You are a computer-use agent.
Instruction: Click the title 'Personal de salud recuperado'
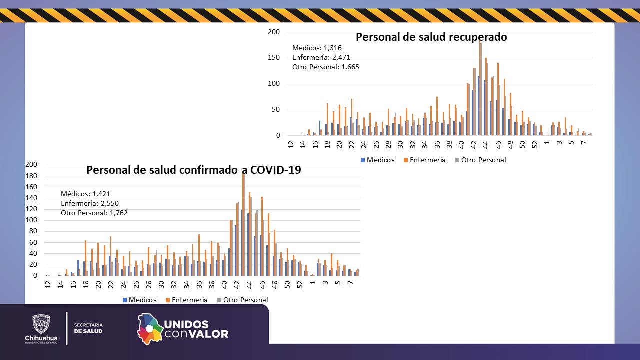click(431, 37)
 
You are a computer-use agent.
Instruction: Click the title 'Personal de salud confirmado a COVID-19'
click(194, 170)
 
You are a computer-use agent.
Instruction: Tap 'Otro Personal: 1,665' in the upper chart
click(325, 67)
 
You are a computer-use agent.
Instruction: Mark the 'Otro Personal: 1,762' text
click(94, 213)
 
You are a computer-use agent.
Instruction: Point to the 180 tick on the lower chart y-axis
click(31, 176)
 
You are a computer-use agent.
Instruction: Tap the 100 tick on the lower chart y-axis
click(31, 220)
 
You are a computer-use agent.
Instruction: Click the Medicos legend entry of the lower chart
click(139, 300)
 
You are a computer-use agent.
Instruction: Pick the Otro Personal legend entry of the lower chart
click(242, 300)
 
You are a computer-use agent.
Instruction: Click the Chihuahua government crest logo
click(41, 325)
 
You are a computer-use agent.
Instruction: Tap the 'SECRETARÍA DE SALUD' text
click(88, 328)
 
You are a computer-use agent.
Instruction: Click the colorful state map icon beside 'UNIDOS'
click(150, 328)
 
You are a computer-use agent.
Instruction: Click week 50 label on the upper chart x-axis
click(522, 144)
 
